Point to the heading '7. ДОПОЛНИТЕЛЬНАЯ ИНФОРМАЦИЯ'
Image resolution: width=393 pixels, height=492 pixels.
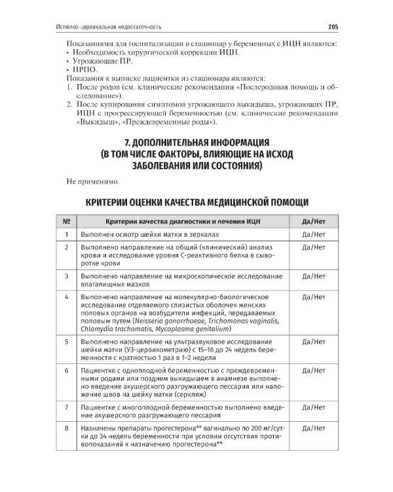pos(196,142)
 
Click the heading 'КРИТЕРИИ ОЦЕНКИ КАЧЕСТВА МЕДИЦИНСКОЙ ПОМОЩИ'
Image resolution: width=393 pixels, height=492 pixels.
pos(196,201)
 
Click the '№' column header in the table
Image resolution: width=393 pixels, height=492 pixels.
pos(66,221)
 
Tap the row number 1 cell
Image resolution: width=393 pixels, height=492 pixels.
pos(66,234)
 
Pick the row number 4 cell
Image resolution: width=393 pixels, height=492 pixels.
pos(66,297)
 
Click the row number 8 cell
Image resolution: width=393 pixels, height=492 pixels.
pos(66,428)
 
